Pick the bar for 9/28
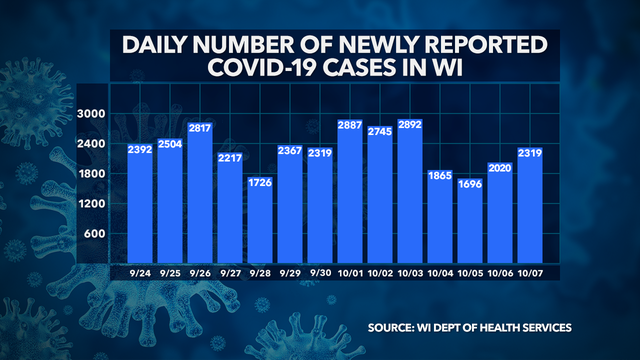260,220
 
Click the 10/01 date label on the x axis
351,273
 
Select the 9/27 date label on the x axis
230,273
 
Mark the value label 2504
170,150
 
